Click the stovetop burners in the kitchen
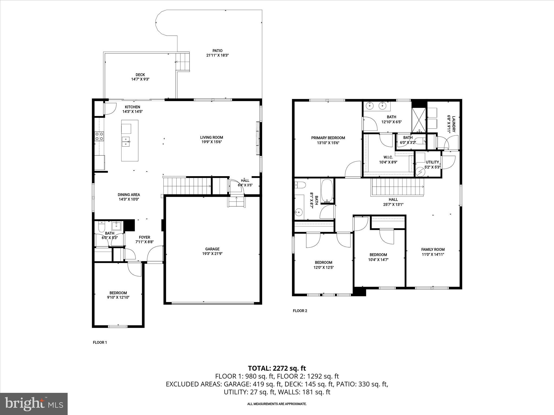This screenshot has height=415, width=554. click(99, 136)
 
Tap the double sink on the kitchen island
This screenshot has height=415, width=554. click(126, 142)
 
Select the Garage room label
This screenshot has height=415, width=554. click(212, 249)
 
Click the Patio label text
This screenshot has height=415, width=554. click(217, 51)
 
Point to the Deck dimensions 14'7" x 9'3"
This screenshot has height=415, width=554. click(140, 79)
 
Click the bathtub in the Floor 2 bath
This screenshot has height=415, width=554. click(328, 191)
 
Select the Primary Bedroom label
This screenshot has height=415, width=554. click(328, 138)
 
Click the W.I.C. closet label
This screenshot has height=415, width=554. click(388, 157)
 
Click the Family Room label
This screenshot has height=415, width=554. click(433, 249)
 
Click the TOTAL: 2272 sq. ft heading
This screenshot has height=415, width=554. click(277, 368)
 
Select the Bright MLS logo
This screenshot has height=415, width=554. click(34, 404)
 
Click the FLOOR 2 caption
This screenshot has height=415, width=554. click(300, 311)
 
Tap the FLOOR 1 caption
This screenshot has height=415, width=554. click(100, 342)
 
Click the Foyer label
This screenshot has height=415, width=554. click(144, 237)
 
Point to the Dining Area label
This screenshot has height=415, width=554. click(129, 195)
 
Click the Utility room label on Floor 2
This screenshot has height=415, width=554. click(432, 162)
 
